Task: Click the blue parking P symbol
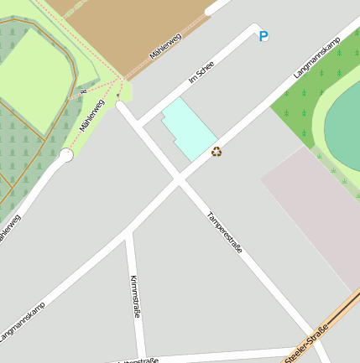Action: [263, 36]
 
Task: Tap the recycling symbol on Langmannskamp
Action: [217, 152]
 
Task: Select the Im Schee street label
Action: [202, 79]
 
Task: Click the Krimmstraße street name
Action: [135, 295]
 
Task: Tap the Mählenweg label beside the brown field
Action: [165, 42]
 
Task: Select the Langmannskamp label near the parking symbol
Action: [315, 59]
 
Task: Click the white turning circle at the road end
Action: [65, 154]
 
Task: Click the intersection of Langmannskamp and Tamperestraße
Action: [179, 179]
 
